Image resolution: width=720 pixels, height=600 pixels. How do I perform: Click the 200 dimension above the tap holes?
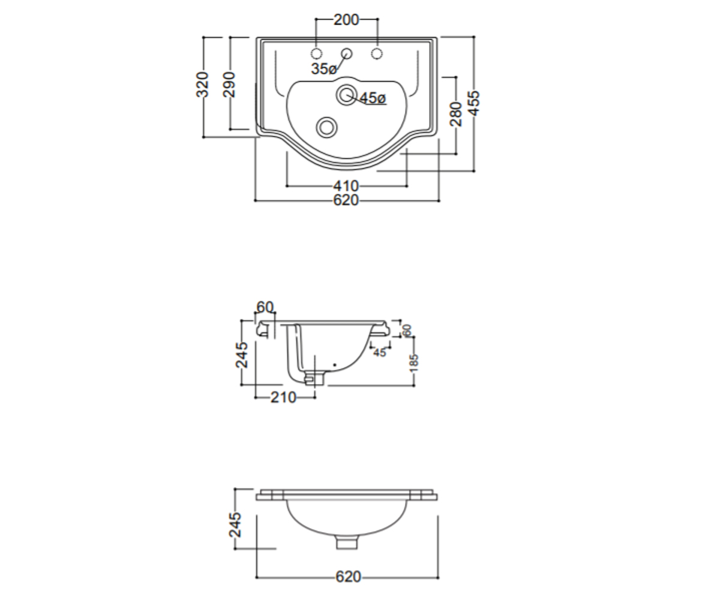click(x=346, y=20)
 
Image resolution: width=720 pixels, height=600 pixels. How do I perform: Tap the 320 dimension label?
click(x=202, y=85)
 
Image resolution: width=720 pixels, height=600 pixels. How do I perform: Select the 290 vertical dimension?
click(x=229, y=85)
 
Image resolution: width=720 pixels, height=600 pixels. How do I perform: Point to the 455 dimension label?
click(x=474, y=103)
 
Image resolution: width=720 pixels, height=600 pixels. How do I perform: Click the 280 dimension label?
click(x=456, y=114)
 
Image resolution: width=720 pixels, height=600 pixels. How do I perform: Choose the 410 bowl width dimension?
click(x=346, y=186)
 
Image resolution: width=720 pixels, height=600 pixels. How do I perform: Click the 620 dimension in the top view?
click(x=346, y=200)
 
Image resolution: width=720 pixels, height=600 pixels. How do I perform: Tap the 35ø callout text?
click(x=323, y=68)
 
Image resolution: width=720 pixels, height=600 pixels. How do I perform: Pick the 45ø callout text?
click(x=373, y=98)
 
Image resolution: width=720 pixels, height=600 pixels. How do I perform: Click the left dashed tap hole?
click(x=316, y=53)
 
